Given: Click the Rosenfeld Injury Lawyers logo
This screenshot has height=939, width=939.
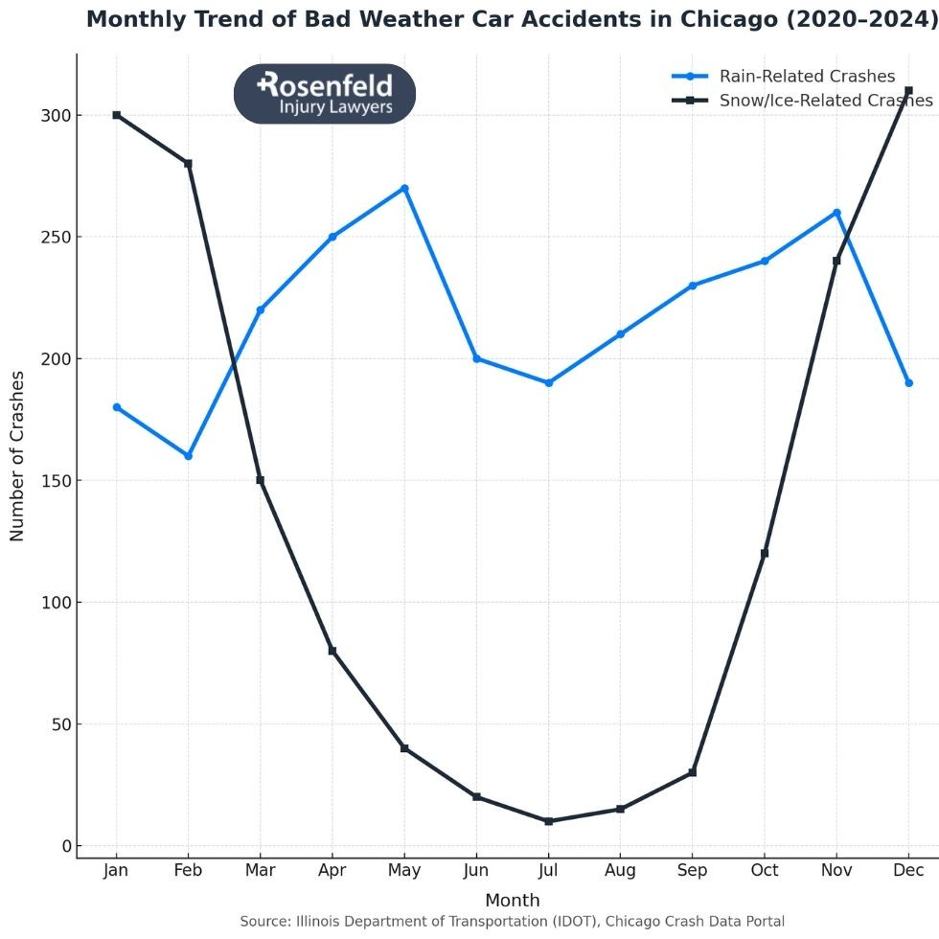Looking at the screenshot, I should point(325,94).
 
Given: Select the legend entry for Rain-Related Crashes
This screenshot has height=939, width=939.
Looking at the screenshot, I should point(807,77).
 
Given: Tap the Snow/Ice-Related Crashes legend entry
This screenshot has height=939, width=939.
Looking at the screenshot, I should point(825,101).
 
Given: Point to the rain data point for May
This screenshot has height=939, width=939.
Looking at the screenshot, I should point(404,189).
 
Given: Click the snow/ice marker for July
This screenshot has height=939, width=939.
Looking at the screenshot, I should point(548,821).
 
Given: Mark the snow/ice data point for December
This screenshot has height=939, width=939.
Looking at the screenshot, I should point(908,91).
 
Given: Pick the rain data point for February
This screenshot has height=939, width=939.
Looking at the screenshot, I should point(189,456).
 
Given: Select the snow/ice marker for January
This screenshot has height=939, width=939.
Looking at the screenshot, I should point(117,115).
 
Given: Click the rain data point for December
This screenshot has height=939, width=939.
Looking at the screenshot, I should point(908,383).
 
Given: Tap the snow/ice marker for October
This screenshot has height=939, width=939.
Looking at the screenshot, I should point(765,553).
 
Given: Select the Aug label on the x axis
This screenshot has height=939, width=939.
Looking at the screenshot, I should point(620,871).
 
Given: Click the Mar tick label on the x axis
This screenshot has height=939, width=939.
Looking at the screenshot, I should point(260,871).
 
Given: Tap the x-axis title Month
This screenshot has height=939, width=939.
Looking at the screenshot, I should point(512,901).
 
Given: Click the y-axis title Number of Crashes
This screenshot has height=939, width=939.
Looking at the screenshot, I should point(17,455).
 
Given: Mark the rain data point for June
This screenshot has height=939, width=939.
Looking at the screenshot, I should point(476,358).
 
